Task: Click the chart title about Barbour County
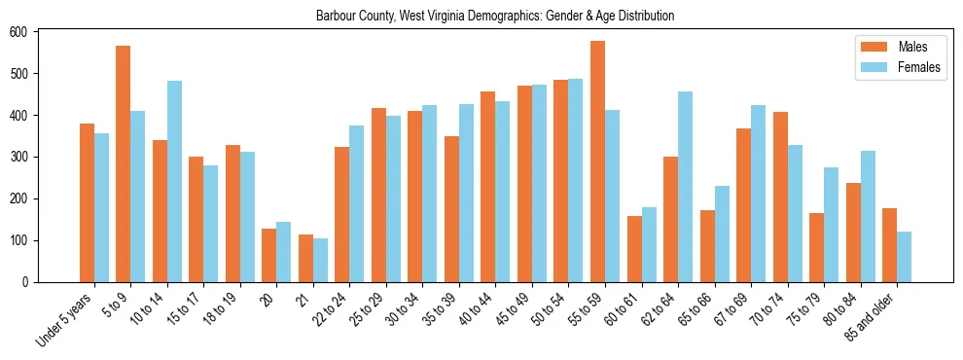tap(495, 17)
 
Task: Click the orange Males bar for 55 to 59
tap(597, 162)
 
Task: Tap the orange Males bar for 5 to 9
tap(123, 163)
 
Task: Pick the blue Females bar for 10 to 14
tap(174, 181)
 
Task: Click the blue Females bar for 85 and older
tap(904, 257)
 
